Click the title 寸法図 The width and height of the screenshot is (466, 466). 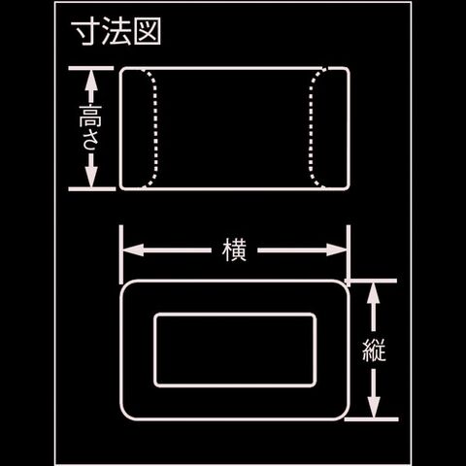[x=116, y=32]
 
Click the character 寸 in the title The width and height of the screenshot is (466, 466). [x=85, y=32]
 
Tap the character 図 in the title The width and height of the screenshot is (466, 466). [x=148, y=32]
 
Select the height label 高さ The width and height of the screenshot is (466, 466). [x=90, y=128]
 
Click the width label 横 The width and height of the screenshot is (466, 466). [x=234, y=250]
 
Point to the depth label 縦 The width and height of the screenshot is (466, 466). [x=374, y=350]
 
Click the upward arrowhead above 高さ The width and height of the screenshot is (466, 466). [x=91, y=79]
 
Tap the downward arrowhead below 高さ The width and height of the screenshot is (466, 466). [x=91, y=178]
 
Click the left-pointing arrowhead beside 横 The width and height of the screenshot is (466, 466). [x=133, y=250]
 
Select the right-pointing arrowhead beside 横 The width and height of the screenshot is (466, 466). [x=337, y=250]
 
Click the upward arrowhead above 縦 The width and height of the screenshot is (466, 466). [x=374, y=291]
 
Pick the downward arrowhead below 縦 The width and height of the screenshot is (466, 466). [x=374, y=409]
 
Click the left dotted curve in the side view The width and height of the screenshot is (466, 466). [x=155, y=128]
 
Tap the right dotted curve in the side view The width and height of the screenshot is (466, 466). [x=311, y=128]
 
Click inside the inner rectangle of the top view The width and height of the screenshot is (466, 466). [x=235, y=349]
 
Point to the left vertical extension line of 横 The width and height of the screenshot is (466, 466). [x=121, y=254]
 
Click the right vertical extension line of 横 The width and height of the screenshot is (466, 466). [x=349, y=255]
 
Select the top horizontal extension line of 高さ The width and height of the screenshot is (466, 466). [x=91, y=68]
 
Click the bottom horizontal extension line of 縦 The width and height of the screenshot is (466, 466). [x=371, y=419]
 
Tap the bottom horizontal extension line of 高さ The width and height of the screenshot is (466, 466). [x=92, y=189]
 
